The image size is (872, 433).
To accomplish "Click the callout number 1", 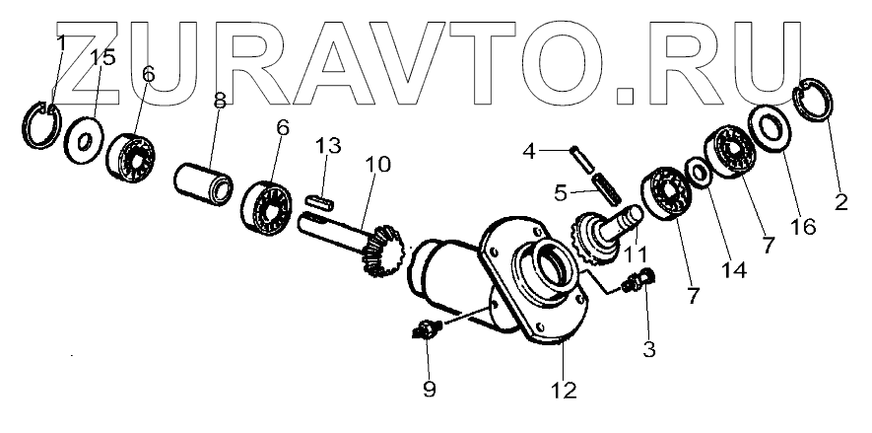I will tap(61, 43).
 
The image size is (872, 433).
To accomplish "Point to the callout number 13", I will tap(328, 146).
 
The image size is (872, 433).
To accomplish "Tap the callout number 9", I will tap(429, 389).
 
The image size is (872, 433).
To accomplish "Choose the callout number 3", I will tap(646, 348).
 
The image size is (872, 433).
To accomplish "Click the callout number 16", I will tap(804, 227).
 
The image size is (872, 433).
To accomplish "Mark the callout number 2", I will tap(840, 204).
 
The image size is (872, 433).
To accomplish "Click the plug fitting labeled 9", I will tap(426, 330).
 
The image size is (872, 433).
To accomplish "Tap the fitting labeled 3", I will tap(641, 283).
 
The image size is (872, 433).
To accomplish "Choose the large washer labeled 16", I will tap(771, 127).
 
